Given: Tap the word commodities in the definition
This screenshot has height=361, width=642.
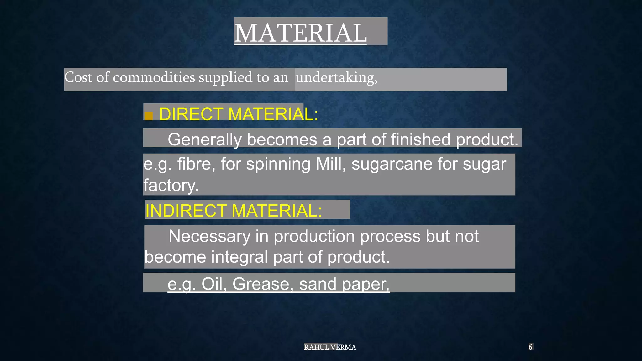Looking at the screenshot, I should [154, 77].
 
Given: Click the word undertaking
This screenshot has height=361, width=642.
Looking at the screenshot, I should [336, 77].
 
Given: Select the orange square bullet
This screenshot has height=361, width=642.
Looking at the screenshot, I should [149, 116].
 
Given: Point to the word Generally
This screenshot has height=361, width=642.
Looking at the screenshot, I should [204, 139].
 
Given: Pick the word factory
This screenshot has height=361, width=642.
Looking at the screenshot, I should [171, 185].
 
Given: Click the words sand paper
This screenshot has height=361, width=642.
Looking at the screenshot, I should [344, 284].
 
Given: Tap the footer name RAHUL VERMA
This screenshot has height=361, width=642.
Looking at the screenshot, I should [330, 347].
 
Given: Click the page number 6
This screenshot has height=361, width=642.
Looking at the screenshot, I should [530, 347].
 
